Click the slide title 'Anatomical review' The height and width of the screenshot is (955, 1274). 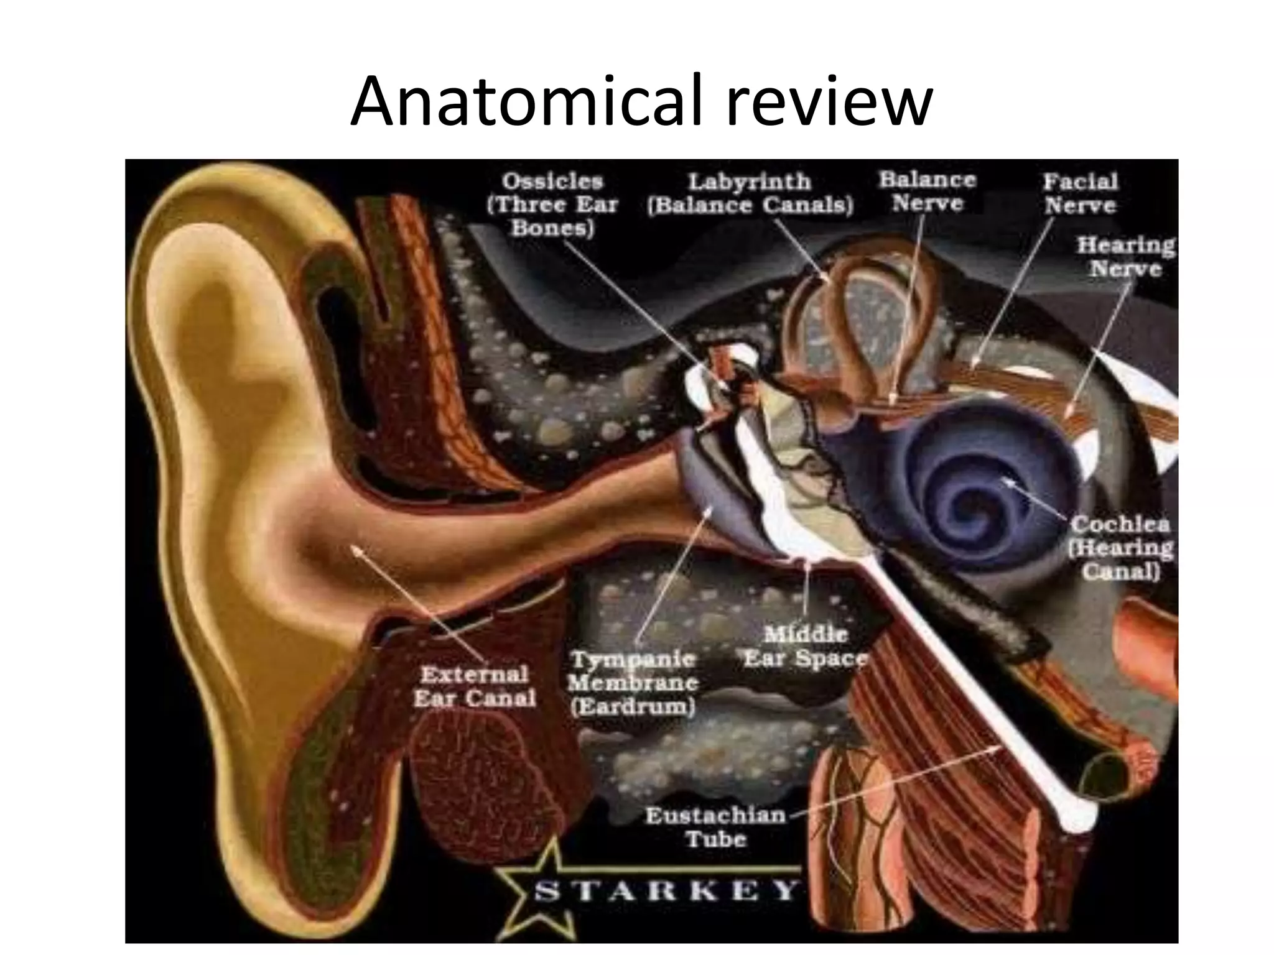(641, 101)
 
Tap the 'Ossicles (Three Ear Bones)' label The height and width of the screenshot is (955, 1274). (552, 205)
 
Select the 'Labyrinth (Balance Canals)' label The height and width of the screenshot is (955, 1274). (750, 193)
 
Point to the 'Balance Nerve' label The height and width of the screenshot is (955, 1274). (927, 191)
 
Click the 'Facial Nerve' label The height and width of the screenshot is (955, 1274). (1080, 193)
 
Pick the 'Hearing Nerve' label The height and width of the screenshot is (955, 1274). (1125, 257)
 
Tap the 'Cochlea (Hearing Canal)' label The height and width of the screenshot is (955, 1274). (1120, 547)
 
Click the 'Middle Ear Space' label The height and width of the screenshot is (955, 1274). (805, 647)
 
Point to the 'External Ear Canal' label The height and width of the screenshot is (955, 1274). (474, 686)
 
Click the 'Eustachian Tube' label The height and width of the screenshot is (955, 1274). (715, 827)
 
